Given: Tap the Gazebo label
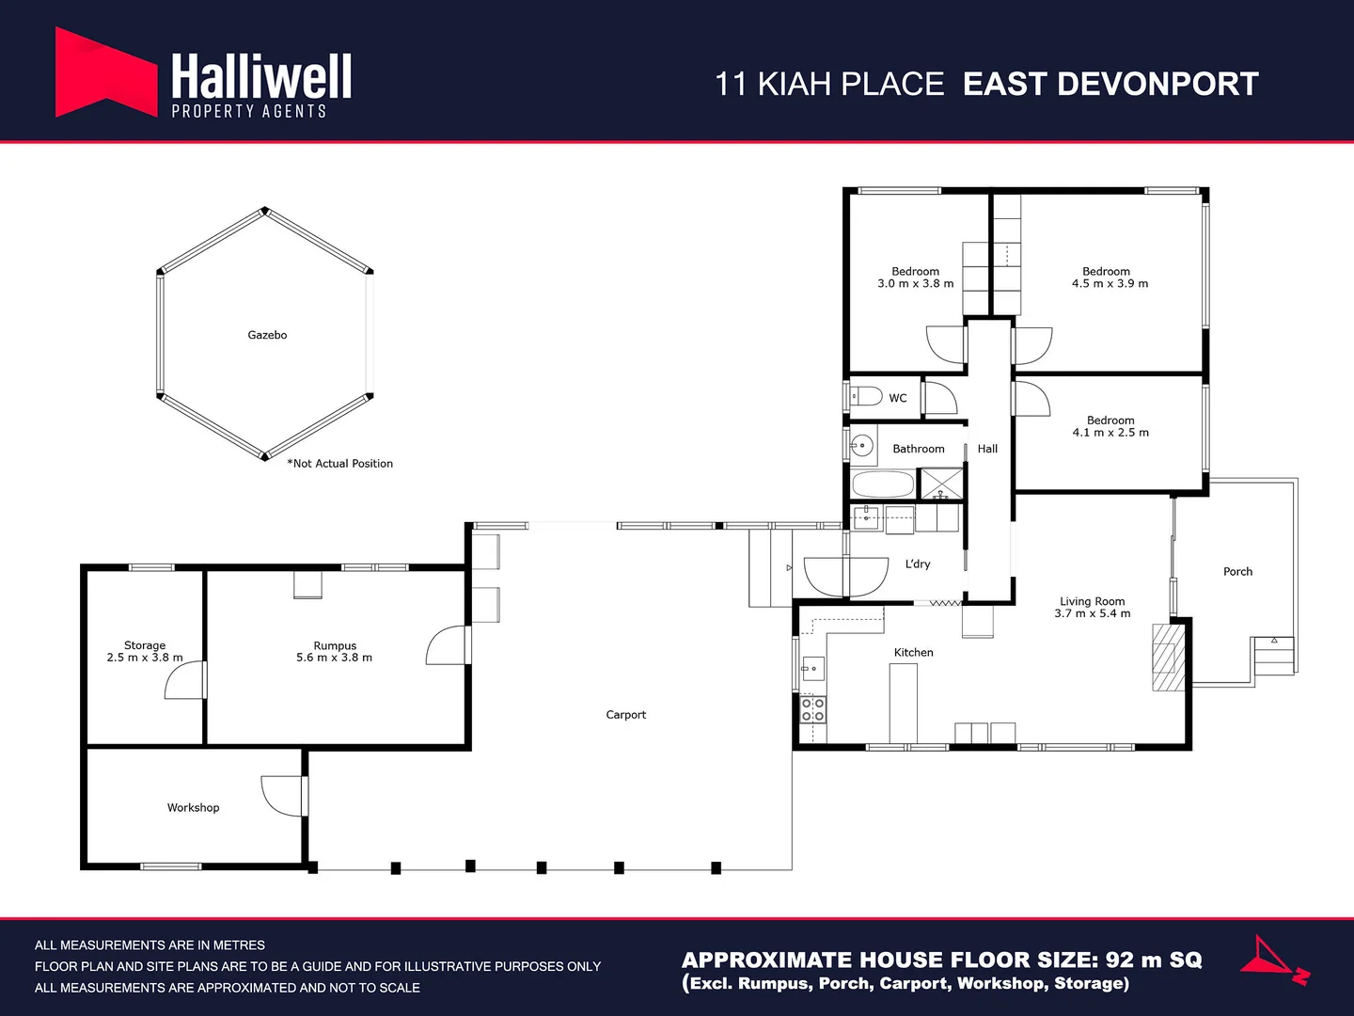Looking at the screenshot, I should (x=267, y=335).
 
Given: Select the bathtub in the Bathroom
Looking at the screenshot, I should (x=882, y=485).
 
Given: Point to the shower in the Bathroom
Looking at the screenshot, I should (x=940, y=484).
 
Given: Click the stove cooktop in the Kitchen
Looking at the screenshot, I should (x=812, y=709).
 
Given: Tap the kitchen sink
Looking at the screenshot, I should (x=811, y=669).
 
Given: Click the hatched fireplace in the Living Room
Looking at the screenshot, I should (x=1168, y=657).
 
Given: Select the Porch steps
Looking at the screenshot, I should (x=1273, y=656).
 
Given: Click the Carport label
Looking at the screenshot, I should (x=625, y=715).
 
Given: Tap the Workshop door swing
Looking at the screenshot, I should (x=282, y=795).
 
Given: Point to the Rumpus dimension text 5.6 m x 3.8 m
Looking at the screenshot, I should (x=334, y=658).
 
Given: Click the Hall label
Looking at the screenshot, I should (x=987, y=449).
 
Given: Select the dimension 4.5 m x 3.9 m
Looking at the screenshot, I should (x=1110, y=283).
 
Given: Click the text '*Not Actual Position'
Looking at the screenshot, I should (x=340, y=464).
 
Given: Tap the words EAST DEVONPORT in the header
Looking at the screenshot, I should (x=1110, y=85).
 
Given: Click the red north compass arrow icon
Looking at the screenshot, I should (x=1273, y=960).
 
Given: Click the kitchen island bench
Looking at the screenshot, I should (x=904, y=704).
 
